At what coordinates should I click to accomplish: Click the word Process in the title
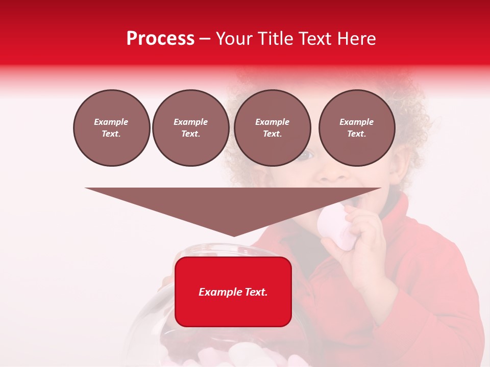160,39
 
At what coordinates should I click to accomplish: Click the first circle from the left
112,128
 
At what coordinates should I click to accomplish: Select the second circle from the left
191,128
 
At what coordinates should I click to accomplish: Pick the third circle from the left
273,128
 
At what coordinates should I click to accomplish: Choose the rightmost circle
357,128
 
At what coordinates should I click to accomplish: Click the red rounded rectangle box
233,292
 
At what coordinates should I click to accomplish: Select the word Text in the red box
254,292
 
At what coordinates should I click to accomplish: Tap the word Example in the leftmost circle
111,122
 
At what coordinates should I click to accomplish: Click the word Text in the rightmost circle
357,134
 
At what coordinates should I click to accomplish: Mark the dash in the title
205,39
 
